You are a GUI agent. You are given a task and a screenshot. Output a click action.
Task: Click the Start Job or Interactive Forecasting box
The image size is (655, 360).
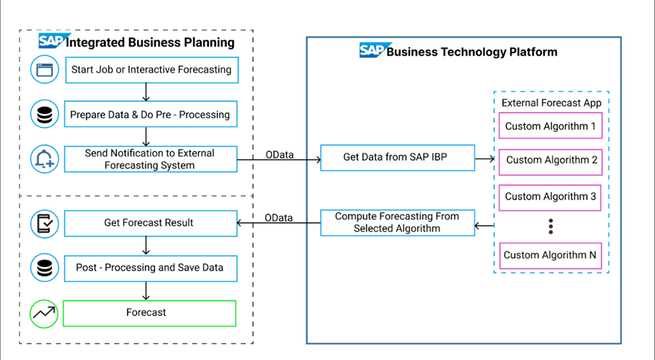tap(151, 70)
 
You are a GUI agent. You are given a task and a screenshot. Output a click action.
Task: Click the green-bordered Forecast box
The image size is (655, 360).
tap(149, 313)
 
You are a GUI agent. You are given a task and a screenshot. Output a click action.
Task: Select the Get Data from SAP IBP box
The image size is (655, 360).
tap(398, 157)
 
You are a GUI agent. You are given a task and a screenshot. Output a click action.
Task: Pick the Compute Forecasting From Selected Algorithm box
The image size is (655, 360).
tap(398, 223)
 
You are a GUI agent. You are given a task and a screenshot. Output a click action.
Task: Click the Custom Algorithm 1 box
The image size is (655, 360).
tap(551, 126)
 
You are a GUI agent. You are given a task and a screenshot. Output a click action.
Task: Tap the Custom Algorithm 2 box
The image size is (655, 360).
tap(551, 160)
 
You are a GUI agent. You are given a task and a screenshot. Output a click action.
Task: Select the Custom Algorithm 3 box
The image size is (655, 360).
tap(551, 197)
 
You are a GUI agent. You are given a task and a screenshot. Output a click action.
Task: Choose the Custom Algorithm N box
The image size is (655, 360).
tap(551, 255)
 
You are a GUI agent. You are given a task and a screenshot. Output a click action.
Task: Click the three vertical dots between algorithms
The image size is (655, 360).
tap(551, 226)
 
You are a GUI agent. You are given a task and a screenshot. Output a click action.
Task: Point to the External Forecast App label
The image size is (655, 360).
tap(551, 103)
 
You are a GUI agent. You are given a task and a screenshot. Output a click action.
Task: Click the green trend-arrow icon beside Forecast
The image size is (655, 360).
tap(44, 314)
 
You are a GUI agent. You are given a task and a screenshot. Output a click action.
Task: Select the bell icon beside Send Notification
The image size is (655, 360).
tap(44, 160)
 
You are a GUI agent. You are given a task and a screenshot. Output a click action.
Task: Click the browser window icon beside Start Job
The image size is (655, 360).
tap(44, 70)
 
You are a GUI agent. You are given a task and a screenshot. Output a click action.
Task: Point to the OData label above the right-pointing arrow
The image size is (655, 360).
tap(279, 154)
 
